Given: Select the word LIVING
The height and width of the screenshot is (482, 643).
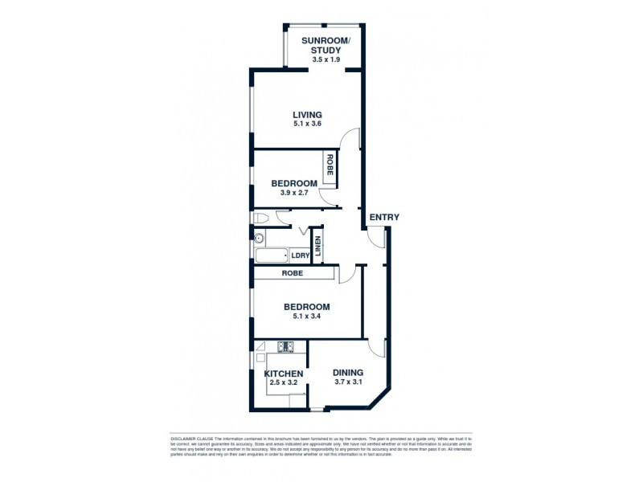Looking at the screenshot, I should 307,115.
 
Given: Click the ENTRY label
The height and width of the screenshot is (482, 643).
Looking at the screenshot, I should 383,218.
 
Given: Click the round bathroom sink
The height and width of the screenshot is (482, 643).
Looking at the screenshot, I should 259,239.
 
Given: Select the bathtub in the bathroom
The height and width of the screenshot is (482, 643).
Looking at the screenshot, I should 271,256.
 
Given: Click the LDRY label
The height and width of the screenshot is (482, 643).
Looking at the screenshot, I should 300,256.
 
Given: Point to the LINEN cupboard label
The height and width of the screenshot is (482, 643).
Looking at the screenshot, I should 318,247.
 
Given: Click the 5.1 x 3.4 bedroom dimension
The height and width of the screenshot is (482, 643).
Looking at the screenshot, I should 307,317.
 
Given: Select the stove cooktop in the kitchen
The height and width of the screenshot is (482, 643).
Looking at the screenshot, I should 285,347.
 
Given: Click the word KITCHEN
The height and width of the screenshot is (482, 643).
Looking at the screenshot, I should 284,374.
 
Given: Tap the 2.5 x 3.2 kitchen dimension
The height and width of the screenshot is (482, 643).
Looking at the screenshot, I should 284,383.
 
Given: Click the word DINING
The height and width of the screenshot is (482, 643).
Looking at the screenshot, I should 349,373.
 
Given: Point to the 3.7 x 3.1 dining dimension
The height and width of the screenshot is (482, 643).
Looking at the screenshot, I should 349,382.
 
